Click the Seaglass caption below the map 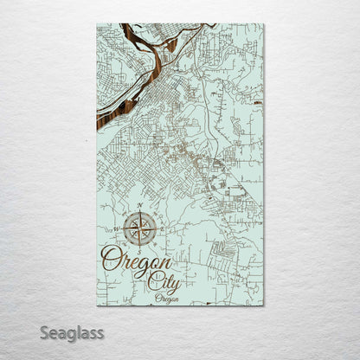pos(77,331)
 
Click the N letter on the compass pos(140,207)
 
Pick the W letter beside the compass pos(117,229)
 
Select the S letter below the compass pos(140,252)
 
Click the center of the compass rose pos(140,229)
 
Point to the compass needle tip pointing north pos(140,213)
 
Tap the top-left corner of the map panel pos(97,24)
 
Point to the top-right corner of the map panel pos(264,24)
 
